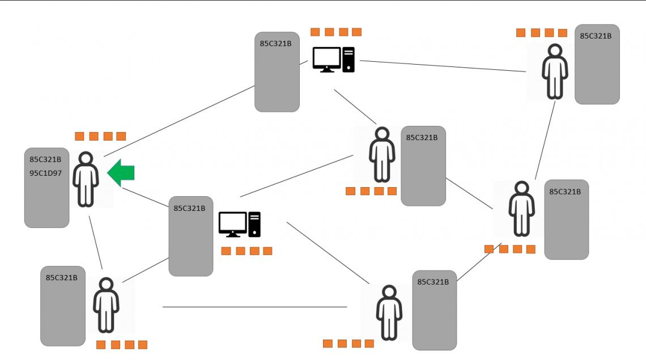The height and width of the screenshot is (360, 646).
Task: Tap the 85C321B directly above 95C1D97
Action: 45,159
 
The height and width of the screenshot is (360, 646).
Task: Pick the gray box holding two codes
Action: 46,188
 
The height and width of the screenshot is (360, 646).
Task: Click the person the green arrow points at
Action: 86,179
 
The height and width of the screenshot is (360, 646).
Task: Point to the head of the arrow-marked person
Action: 86,159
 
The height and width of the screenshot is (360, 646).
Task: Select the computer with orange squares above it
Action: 334,60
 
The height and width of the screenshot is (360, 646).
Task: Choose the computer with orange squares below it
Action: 240,224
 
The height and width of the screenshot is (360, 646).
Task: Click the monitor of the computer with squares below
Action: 232,223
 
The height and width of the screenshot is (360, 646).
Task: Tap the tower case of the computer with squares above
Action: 348,60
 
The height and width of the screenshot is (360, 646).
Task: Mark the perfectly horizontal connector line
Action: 254,307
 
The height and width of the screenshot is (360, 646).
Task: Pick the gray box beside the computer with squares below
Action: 191,236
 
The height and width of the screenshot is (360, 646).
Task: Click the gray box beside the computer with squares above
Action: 277,72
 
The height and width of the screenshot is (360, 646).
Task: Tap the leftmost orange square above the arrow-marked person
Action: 79,136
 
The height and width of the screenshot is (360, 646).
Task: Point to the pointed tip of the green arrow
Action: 108,173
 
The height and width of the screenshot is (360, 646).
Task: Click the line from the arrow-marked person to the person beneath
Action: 96,242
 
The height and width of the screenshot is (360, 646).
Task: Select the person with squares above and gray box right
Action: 554,71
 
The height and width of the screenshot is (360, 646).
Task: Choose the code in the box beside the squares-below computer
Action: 189,208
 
